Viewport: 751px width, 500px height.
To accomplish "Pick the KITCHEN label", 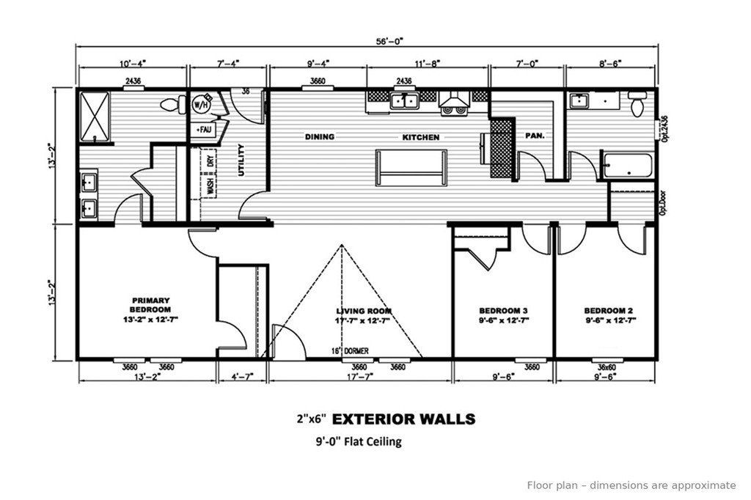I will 420,137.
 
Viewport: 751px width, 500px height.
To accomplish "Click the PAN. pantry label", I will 533,136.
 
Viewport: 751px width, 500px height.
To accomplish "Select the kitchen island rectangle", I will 411,167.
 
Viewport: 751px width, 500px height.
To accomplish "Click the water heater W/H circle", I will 199,105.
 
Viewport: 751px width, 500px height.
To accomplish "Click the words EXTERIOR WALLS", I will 403,419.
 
